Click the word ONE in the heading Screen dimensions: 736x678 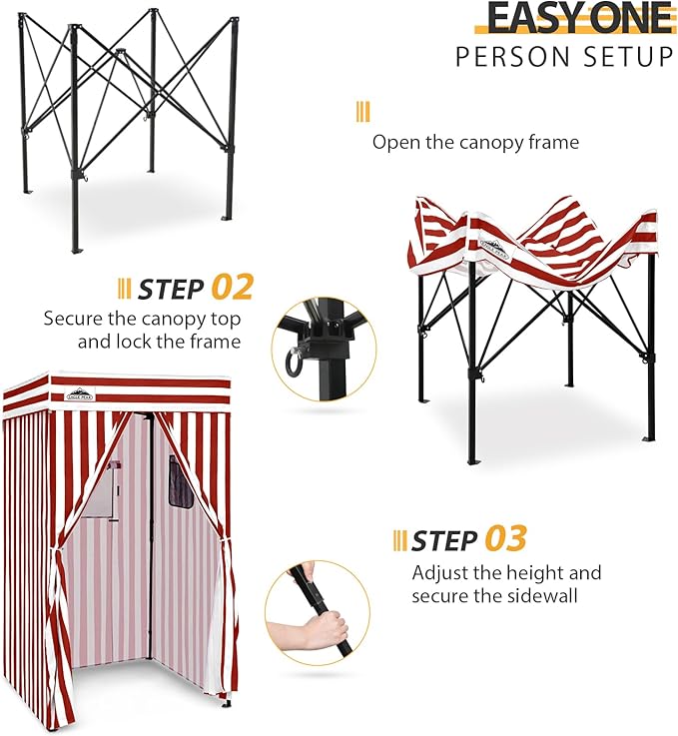pyautogui.click(x=625, y=18)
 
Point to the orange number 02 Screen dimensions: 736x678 pyautogui.click(x=233, y=289)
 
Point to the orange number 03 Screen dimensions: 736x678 pyautogui.click(x=505, y=539)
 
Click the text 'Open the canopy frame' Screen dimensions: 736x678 pyautogui.click(x=475, y=142)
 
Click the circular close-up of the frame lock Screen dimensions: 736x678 pyautogui.click(x=323, y=349)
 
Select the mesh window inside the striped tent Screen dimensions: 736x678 pyautogui.click(x=181, y=482)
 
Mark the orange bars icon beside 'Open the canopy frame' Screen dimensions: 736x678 pyautogui.click(x=361, y=112)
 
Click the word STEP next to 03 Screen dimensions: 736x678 pyautogui.click(x=445, y=540)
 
